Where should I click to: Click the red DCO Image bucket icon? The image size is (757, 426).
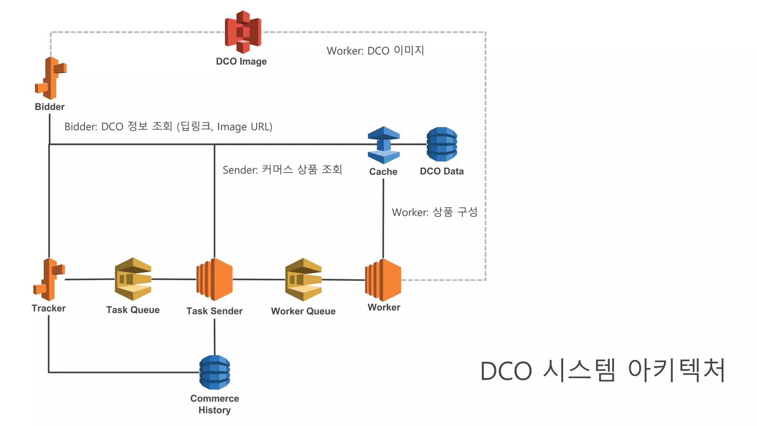(243, 32)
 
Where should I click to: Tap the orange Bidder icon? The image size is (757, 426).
(51, 78)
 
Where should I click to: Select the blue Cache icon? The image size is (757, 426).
(384, 145)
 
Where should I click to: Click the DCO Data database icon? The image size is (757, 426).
(442, 144)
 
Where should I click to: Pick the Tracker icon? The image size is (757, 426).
(49, 279)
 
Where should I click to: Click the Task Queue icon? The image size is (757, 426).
(133, 279)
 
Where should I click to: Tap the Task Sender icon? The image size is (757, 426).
(215, 279)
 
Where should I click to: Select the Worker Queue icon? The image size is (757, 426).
(303, 280)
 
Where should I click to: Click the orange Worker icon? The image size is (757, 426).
(383, 280)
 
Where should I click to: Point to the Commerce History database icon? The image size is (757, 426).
(215, 372)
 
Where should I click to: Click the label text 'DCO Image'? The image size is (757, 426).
(241, 61)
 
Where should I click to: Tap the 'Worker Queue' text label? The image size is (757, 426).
(303, 311)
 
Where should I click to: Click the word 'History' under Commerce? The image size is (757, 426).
(214, 410)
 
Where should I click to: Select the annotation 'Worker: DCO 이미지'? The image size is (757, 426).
(375, 51)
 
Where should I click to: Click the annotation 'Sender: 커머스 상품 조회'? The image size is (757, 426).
(282, 170)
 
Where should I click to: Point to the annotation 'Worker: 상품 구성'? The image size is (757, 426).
(435, 212)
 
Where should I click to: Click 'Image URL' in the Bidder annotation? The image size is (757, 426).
(244, 127)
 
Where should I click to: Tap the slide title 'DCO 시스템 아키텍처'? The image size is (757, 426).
(602, 371)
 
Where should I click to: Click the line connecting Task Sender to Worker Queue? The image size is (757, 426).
(259, 280)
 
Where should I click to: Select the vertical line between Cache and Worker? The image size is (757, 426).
(383, 218)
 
